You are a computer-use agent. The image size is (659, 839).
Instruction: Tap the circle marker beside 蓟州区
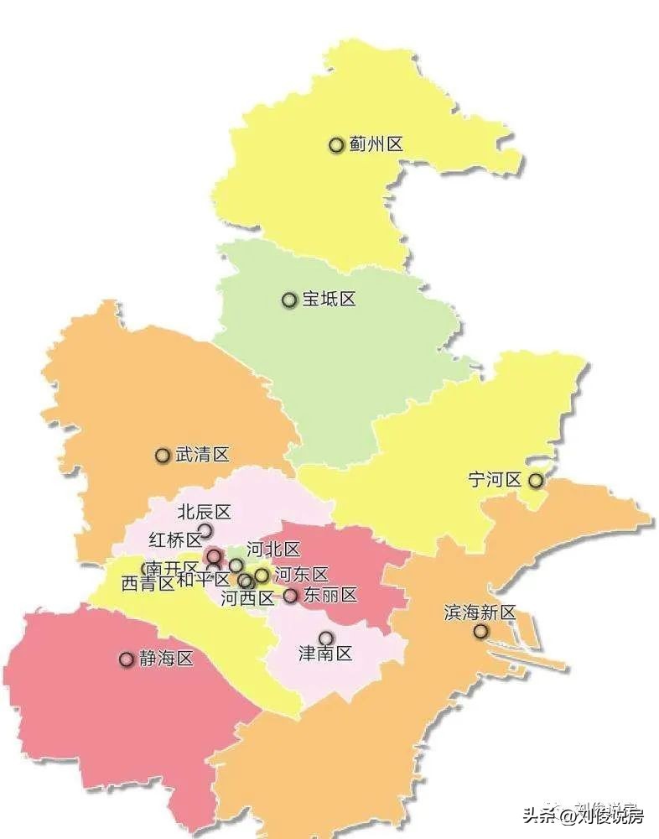(x=336, y=145)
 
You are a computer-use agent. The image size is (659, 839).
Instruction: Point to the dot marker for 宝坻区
(x=289, y=300)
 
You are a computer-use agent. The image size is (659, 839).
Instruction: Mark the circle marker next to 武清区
(x=163, y=456)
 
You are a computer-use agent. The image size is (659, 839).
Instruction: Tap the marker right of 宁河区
(x=535, y=481)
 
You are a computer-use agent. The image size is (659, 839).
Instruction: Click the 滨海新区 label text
(x=480, y=613)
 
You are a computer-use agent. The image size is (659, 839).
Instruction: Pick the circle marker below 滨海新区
(x=480, y=631)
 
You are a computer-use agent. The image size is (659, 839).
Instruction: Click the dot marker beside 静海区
(x=127, y=659)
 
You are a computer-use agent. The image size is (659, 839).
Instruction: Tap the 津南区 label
(x=326, y=654)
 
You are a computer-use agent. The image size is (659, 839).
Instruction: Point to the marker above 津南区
(x=325, y=638)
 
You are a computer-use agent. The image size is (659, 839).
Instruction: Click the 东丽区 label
(x=330, y=596)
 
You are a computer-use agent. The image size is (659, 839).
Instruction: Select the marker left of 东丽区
(x=290, y=596)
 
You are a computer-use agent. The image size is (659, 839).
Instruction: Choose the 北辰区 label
(x=204, y=512)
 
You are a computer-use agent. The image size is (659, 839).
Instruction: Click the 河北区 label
(x=272, y=550)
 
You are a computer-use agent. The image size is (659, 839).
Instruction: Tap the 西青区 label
(x=148, y=584)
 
